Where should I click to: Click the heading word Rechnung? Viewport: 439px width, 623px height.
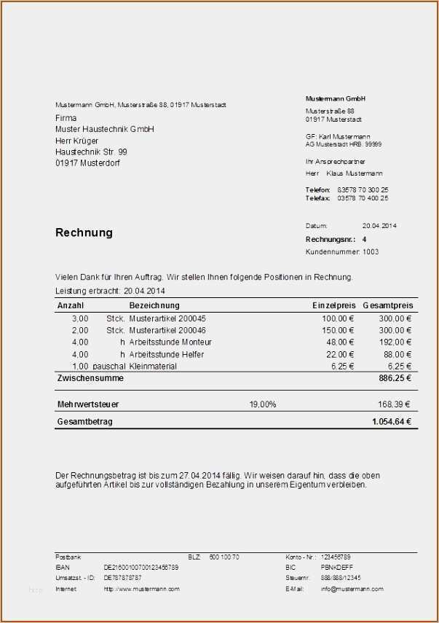[x=84, y=233]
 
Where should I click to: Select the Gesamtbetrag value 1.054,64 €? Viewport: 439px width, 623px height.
[x=392, y=422]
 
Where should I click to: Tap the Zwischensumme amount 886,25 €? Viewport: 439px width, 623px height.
[x=395, y=379]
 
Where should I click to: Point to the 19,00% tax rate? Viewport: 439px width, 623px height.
[x=263, y=404]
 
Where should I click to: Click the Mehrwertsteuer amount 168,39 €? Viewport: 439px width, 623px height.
[x=394, y=404]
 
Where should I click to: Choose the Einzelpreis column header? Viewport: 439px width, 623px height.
[x=333, y=305]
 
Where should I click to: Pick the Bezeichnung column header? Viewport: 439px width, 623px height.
[x=154, y=305]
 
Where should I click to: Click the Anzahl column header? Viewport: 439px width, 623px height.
[x=71, y=305]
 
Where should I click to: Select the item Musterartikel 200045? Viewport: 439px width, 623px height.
[x=167, y=318]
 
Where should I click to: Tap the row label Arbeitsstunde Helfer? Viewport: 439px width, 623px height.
[x=167, y=354]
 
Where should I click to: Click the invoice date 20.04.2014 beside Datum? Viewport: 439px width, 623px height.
[x=379, y=226]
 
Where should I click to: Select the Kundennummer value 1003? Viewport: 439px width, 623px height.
[x=371, y=252]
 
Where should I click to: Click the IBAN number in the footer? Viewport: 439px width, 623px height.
[x=141, y=567]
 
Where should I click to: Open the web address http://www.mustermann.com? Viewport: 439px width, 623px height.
[x=141, y=589]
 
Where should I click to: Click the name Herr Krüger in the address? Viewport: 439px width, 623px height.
[x=76, y=141]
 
